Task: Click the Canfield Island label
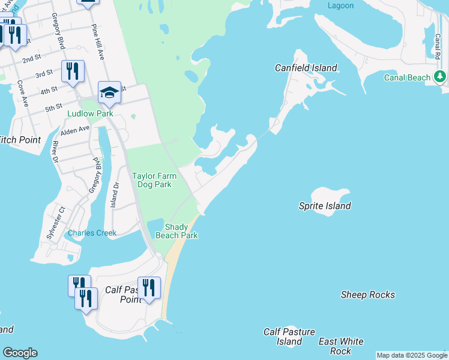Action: pos(306,68)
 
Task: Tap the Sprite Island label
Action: pos(325,206)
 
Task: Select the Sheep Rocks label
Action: pos(367,295)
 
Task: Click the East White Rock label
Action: pos(341,346)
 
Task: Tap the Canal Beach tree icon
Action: pos(440,77)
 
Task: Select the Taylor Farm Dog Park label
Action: pos(152,180)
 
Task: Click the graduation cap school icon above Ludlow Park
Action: pos(109,92)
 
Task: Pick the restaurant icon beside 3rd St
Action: pos(73,71)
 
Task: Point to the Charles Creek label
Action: pos(92,233)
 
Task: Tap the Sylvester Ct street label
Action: pos(55,223)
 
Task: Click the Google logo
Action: pos(20,353)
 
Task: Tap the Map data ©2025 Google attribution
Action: pos(412,355)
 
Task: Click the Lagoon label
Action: pos(340,5)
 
